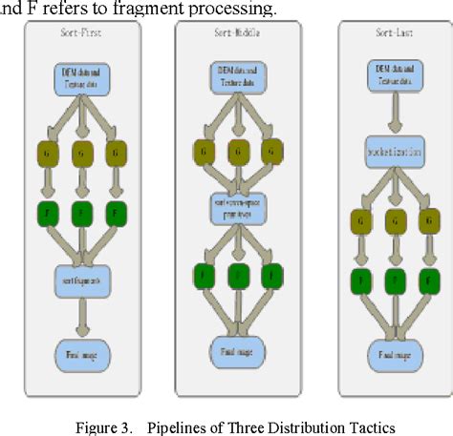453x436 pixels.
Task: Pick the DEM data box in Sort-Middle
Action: [236, 77]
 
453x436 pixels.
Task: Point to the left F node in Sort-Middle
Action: [202, 276]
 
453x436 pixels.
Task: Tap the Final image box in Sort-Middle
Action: [236, 350]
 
